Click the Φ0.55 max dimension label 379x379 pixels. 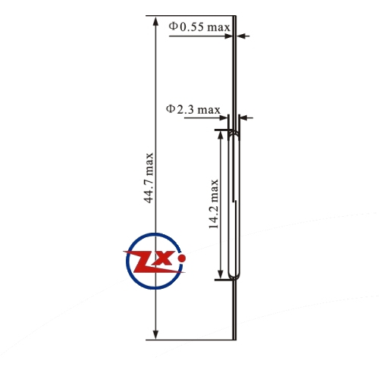pos(199,27)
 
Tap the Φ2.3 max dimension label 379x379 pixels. pos(193,109)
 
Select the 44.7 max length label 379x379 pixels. pos(149,177)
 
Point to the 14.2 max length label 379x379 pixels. pos(213,204)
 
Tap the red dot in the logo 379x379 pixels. pos(182,258)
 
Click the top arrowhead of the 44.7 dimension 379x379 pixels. pos(156,20)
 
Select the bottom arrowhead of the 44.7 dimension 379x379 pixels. pos(156,334)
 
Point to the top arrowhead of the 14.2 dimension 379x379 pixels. pos(221,135)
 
